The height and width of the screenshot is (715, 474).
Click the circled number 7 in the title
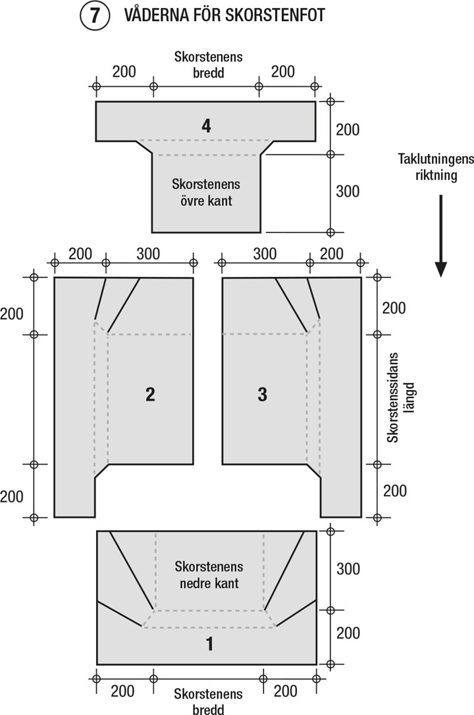95,16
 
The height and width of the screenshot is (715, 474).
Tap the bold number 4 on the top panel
207,125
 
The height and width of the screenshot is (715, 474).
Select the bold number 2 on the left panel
150,394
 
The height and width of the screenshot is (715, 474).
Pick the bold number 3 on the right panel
262,394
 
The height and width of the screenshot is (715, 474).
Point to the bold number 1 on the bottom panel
209,644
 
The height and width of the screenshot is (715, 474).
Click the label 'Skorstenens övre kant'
205,192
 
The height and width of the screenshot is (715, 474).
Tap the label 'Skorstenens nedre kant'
209,574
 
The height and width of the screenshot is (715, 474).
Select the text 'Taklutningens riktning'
427,168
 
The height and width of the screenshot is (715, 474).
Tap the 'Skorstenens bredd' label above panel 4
208,64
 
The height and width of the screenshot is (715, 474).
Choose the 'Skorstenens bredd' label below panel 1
208,701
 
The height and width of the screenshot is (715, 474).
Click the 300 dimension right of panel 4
348,191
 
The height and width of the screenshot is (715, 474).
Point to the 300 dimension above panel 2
148,253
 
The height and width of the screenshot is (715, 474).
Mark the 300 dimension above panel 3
265,253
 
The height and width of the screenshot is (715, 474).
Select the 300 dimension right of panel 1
348,568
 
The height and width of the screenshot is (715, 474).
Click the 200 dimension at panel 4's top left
124,72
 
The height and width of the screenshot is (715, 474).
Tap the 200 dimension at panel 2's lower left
12,496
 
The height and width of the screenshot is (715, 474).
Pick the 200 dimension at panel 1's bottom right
285,691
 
